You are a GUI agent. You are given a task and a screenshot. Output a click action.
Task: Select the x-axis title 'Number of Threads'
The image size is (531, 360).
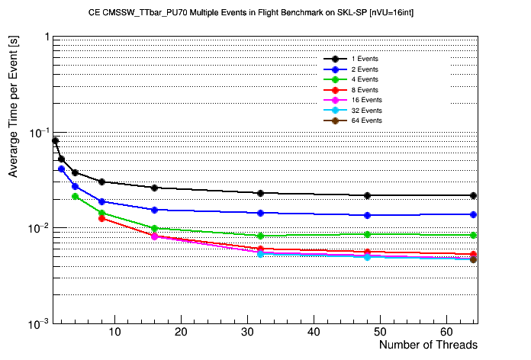pyautogui.click(x=428, y=345)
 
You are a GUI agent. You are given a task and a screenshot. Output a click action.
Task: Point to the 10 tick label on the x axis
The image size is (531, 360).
pyautogui.click(x=114, y=332)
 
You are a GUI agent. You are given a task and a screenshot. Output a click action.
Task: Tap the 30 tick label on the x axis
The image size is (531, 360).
pyautogui.click(x=248, y=332)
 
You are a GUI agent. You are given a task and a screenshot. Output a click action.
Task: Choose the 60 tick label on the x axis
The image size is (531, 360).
pyautogui.click(x=447, y=332)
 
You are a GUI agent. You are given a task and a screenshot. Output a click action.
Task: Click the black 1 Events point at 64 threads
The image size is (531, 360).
pyautogui.click(x=473, y=196)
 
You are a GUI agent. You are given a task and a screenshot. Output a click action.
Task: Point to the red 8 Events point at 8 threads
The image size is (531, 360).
pyautogui.click(x=101, y=218)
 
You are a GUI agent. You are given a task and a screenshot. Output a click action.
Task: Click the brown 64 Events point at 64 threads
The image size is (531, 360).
pyautogui.click(x=473, y=260)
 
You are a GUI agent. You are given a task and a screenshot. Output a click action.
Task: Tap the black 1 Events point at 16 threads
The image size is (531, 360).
pyautogui.click(x=154, y=188)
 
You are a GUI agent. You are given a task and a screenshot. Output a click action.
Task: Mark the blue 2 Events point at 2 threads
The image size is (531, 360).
pyautogui.click(x=62, y=169)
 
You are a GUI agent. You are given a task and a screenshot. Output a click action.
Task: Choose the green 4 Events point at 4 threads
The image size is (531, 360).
pyautogui.click(x=75, y=196)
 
